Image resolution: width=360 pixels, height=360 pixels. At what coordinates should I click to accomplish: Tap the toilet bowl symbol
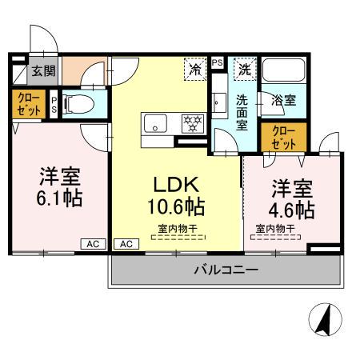click(78, 103)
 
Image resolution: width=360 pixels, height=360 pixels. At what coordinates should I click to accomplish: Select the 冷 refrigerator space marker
click(194, 69)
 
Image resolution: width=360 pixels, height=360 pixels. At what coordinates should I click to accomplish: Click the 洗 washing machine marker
click(244, 69)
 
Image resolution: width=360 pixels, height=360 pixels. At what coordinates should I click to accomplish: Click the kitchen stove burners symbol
click(192, 123)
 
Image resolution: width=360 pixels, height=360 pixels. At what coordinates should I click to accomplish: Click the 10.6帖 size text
click(176, 209)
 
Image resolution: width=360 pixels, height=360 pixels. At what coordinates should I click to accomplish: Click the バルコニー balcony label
click(226, 270)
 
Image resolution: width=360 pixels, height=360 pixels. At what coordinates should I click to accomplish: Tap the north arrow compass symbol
click(325, 322)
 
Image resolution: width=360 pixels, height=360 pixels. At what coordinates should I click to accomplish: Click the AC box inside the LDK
click(125, 244)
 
